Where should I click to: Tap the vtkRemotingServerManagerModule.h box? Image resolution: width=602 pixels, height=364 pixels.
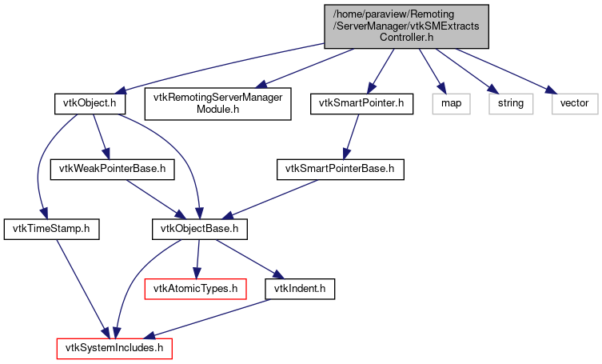pos(217,103)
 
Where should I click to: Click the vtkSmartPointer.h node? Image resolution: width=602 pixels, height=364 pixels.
pos(365,103)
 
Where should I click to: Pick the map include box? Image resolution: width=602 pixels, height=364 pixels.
pos(451,103)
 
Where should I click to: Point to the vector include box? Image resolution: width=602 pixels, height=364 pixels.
pos(574,103)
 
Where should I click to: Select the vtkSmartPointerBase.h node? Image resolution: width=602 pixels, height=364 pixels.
pos(341,169)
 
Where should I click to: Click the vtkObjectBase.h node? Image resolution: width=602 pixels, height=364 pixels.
pos(199,229)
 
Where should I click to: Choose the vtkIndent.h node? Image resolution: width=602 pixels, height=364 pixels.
pos(300,288)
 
